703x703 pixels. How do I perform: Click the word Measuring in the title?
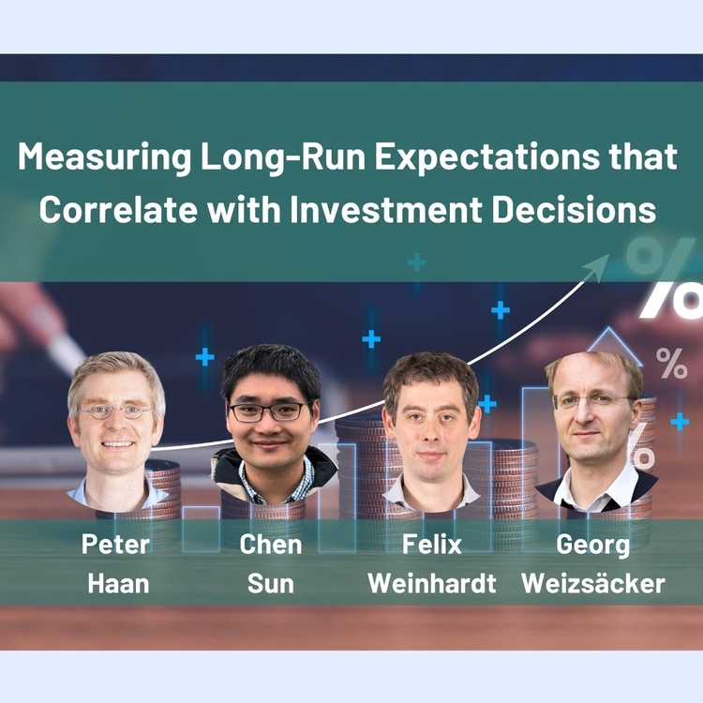pos(104,157)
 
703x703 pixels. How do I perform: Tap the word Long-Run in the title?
pos(283,157)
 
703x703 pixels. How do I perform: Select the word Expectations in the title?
pos(486,157)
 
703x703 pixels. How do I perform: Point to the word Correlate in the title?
pos(118,210)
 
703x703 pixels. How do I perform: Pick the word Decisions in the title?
pos(574,210)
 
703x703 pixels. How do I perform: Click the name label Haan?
pos(118,584)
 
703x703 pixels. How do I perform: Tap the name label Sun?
pos(270,584)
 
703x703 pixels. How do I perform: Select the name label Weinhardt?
pos(432,584)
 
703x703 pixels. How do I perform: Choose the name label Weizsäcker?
pos(592,584)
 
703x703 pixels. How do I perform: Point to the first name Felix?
pos(432,545)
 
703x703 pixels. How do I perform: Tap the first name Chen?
pos(270,545)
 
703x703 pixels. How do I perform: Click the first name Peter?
pos(115,545)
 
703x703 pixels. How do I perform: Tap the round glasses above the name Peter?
pos(115,411)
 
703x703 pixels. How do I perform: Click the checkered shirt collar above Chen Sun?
pos(275,483)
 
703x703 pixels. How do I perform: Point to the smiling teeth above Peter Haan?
pos(117,444)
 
